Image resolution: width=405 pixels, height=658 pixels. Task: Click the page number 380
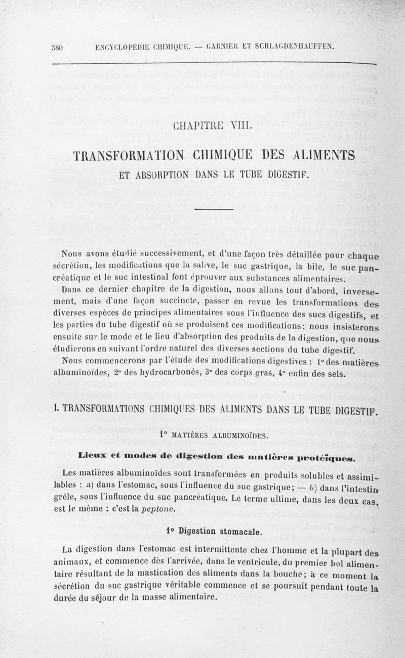pyautogui.click(x=56, y=48)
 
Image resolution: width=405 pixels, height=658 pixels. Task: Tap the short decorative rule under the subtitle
pyautogui.click(x=212, y=209)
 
